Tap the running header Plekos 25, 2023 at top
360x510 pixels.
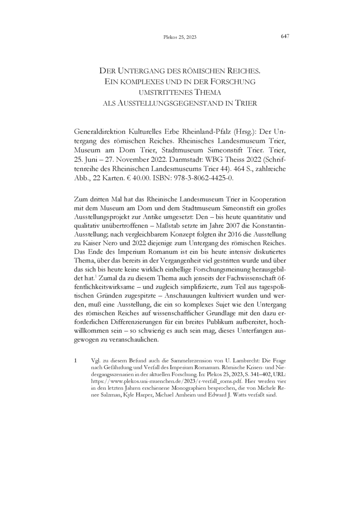click(180, 37)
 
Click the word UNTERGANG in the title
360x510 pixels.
click(139, 71)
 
